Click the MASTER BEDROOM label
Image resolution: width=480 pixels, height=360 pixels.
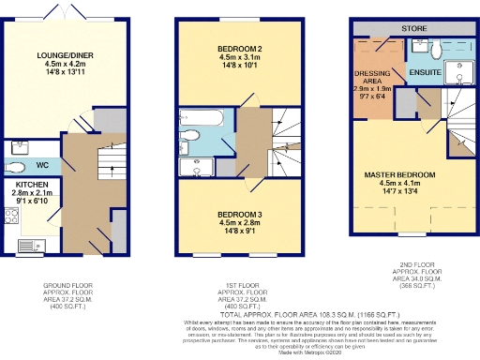pyautogui.click(x=401, y=175)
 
